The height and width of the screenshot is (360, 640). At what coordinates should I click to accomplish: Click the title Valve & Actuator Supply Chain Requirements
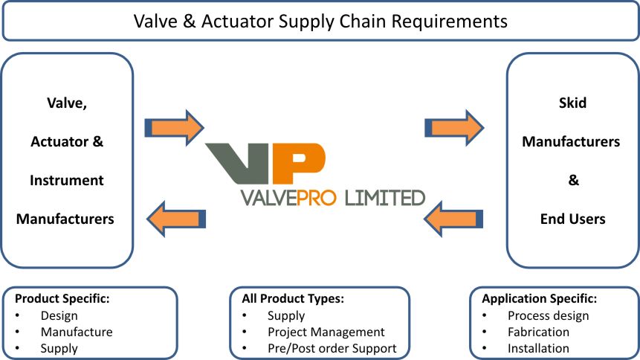pos(320,21)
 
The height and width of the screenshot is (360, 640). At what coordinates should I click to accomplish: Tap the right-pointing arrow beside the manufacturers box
pos(174,127)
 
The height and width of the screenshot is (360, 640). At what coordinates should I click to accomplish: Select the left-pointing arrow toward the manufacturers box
pos(176,219)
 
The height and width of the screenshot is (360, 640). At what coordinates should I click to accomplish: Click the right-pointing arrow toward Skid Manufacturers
pos(454,127)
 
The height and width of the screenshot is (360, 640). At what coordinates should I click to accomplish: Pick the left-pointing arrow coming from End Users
pos(453,219)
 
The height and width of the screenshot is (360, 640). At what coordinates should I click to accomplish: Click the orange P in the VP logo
pos(298,163)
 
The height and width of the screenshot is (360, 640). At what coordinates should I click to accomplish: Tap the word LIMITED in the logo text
pos(385,198)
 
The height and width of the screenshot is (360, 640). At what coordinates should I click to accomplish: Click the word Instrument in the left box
pos(67,180)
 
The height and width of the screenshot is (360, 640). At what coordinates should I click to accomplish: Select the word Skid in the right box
pos(572,103)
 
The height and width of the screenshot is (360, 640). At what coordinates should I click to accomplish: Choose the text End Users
pos(572,219)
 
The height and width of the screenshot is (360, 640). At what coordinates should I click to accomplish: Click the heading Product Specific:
pos(62,299)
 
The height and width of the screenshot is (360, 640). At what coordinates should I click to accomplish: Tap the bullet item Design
pos(59,315)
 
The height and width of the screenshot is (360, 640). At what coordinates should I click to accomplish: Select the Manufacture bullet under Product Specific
pos(77,332)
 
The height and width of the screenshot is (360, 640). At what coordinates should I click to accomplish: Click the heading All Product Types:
pos(293,299)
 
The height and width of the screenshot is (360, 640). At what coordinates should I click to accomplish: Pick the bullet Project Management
pos(326,332)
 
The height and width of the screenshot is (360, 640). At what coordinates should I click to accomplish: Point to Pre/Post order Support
pos(332,348)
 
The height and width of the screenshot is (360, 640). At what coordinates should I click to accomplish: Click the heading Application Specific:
pos(539,299)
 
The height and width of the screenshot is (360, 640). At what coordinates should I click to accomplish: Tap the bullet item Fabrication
pos(538,332)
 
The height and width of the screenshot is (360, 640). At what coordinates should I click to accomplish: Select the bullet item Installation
pos(538,348)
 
